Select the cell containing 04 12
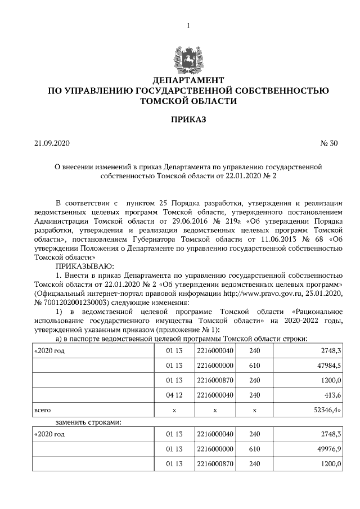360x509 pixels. [174, 396]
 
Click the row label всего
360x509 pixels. [43, 411]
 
